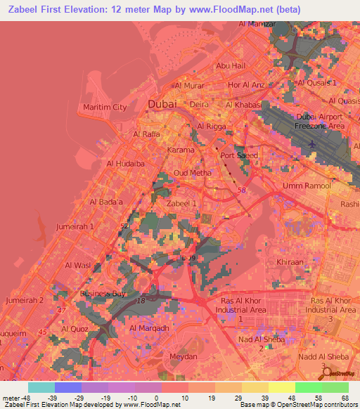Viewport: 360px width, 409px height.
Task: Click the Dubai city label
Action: pos(163,105)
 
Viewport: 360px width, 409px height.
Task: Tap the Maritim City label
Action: pos(105,108)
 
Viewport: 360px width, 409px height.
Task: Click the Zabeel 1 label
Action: pos(181,202)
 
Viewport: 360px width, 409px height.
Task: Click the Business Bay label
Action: pos(102,294)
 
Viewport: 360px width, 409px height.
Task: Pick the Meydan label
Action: pos(184,357)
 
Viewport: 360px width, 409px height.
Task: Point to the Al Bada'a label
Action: pos(106,202)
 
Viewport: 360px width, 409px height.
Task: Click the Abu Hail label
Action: pos(231,65)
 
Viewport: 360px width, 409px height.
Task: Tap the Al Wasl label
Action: pos(77,265)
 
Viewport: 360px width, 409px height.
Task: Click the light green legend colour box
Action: pos(308,387)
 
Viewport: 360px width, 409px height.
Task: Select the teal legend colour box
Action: pos(42,387)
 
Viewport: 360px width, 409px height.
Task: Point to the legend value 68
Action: pos(345,397)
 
